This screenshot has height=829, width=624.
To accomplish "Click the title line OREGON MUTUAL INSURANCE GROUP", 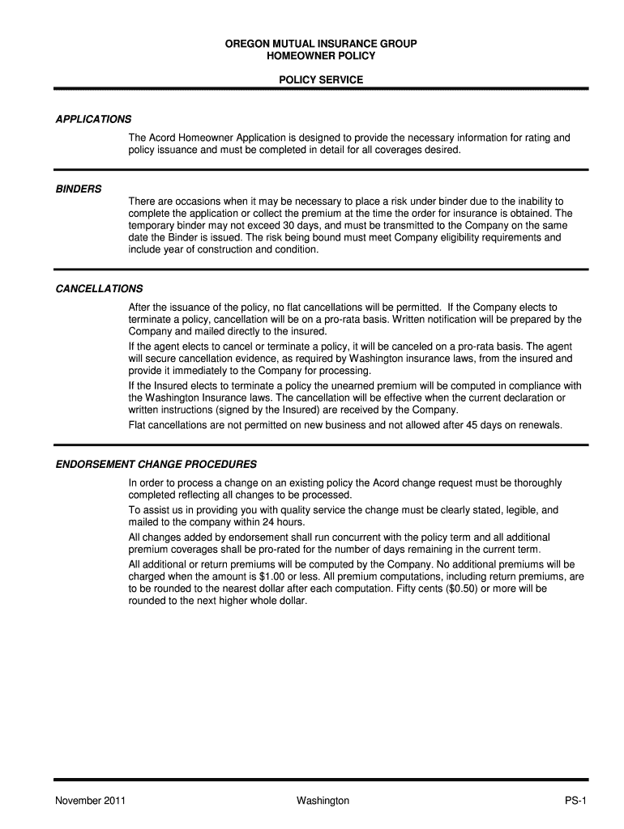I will pos(321,43).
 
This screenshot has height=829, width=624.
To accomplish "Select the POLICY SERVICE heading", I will pos(321,80).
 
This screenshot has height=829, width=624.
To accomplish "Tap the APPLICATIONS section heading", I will pos(93,120).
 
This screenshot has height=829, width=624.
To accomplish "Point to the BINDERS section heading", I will pos(79,189).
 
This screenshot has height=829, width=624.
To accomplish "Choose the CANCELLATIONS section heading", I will pos(99,289).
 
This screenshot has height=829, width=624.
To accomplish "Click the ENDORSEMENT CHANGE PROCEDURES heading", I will pos(156,465).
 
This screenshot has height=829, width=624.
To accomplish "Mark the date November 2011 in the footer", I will pos(89,801).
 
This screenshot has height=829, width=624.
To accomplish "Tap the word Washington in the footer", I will pos(323,801).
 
